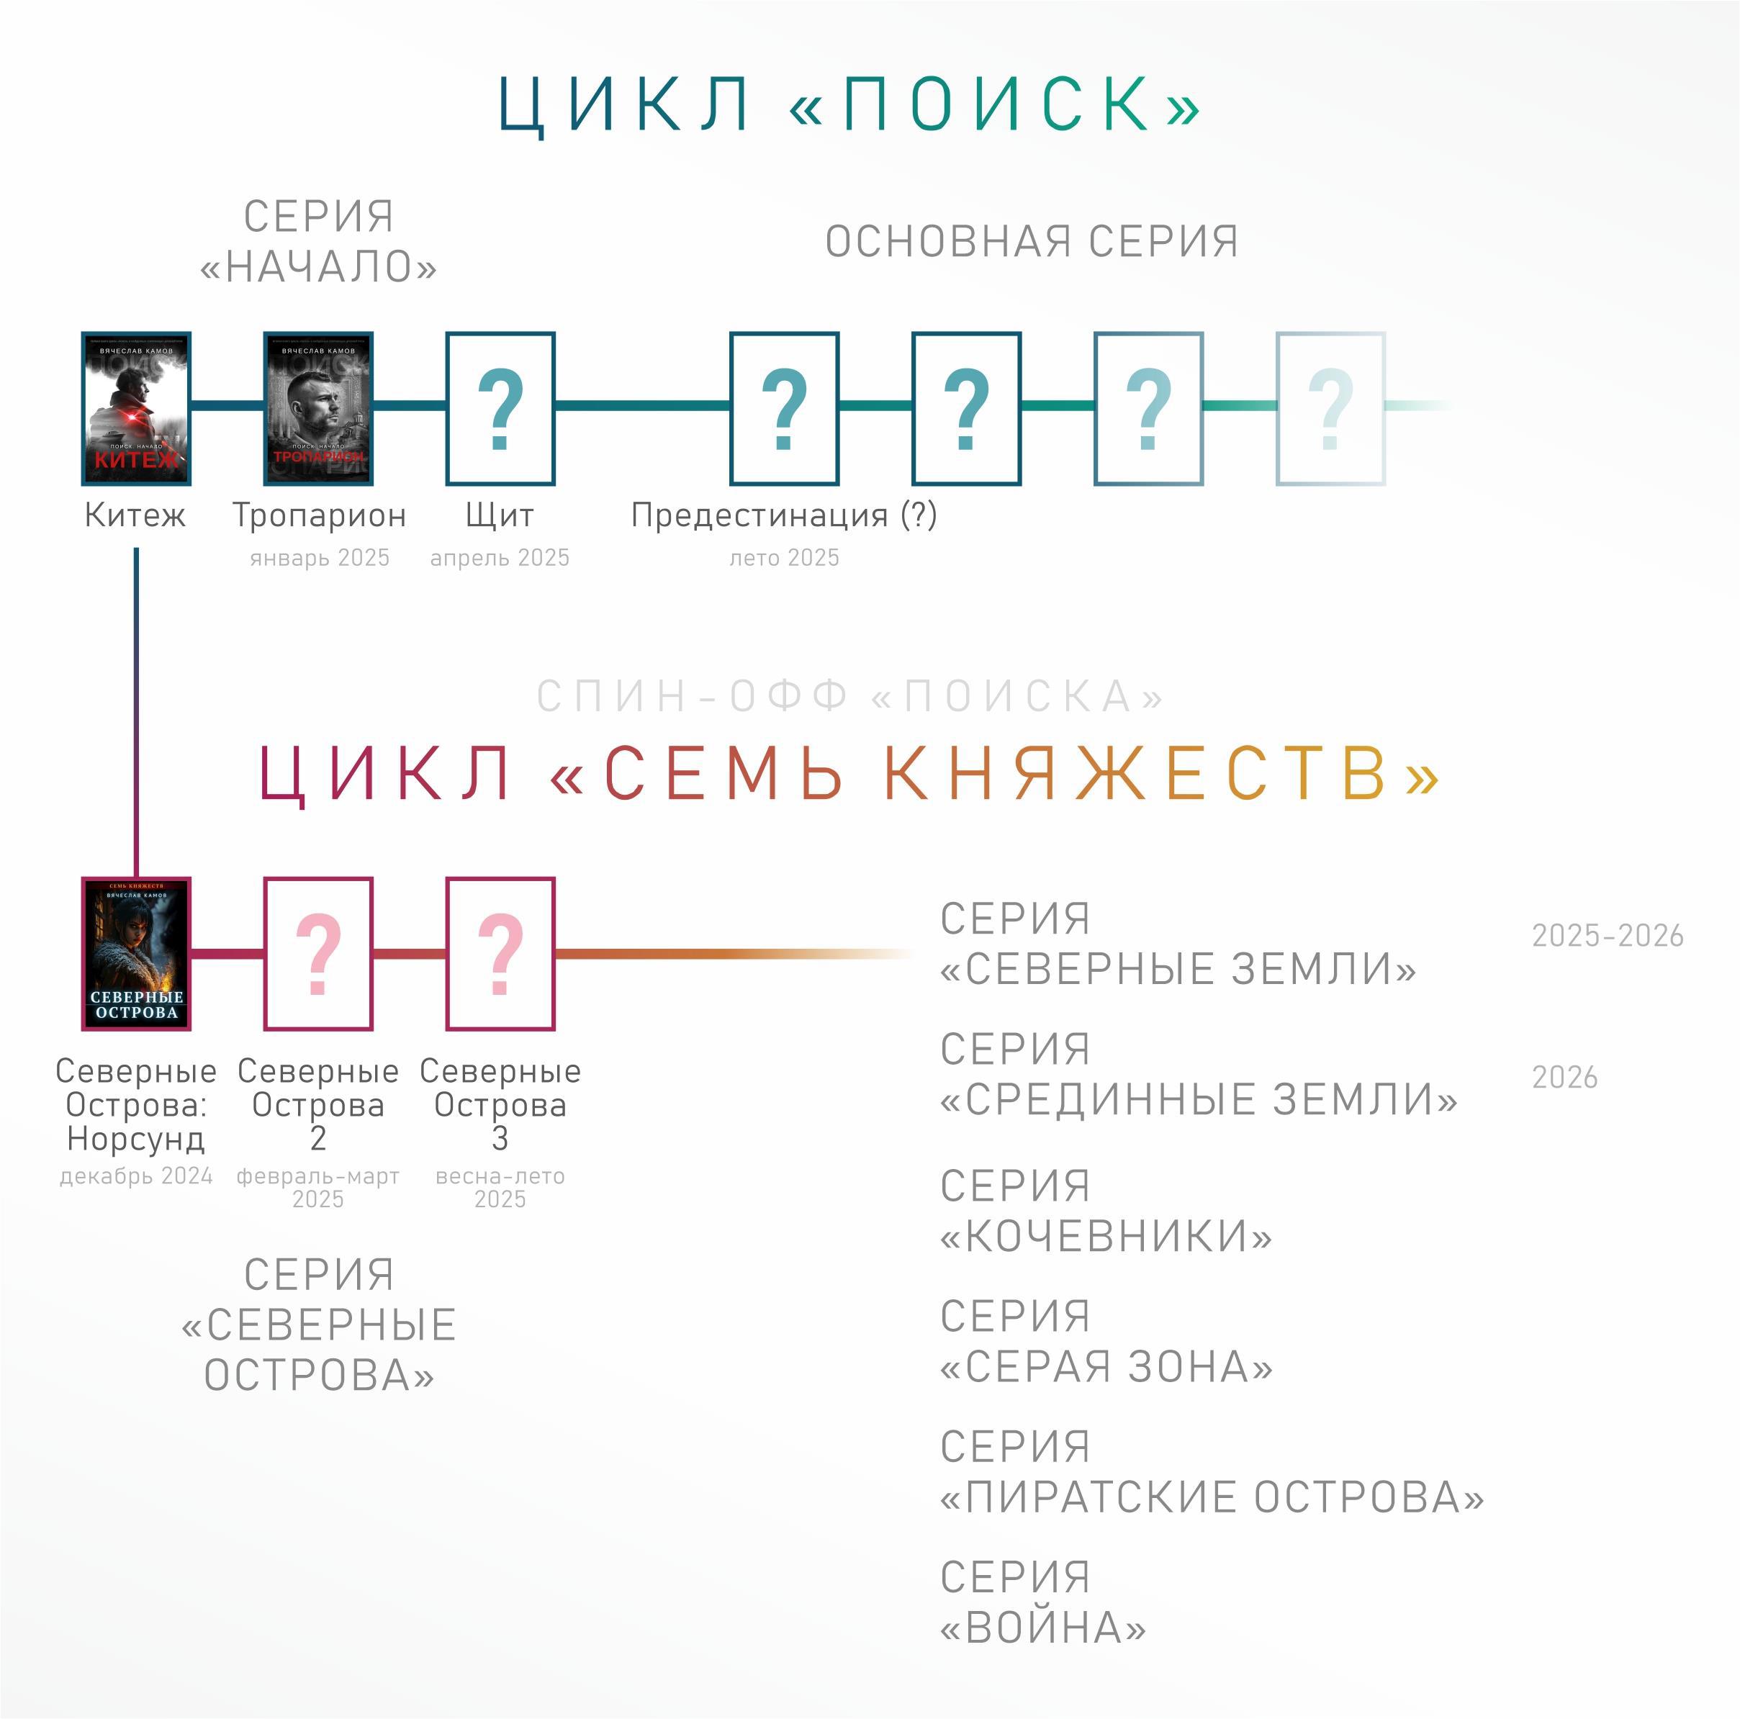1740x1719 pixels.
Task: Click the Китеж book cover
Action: coord(136,409)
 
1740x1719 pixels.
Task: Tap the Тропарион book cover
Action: coord(318,409)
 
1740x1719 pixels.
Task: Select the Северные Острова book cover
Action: coord(136,954)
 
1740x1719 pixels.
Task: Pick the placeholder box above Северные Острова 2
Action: coord(318,954)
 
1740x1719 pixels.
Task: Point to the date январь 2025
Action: coord(320,559)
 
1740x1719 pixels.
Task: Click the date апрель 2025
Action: coord(500,559)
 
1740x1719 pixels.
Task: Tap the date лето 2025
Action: coord(783,559)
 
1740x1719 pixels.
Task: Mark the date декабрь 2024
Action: coord(136,1176)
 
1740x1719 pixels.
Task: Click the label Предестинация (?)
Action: coord(783,515)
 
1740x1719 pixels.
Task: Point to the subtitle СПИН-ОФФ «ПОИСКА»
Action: coord(850,696)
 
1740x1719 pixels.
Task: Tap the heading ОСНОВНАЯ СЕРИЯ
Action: coord(1031,241)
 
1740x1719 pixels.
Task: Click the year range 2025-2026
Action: coord(1607,937)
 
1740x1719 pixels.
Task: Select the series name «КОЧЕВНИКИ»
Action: coord(1106,1237)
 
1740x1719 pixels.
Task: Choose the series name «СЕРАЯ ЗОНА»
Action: coord(1106,1367)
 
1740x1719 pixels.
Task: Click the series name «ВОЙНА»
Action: coord(1043,1628)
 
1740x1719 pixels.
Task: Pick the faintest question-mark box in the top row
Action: coord(1330,409)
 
